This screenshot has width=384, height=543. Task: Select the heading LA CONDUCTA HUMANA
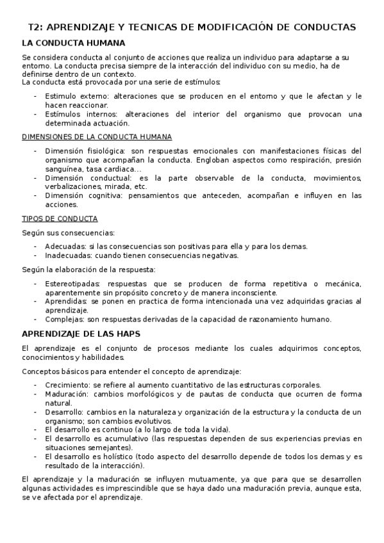73,44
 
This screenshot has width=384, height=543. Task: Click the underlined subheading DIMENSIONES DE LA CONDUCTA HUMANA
96,137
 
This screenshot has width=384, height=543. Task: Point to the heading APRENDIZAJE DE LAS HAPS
81,334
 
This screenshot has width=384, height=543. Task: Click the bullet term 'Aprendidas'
66,301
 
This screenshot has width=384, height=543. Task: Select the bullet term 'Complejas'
64,319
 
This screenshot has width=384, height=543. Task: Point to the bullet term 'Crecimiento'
67,385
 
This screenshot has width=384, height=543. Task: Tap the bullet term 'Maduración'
67,394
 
